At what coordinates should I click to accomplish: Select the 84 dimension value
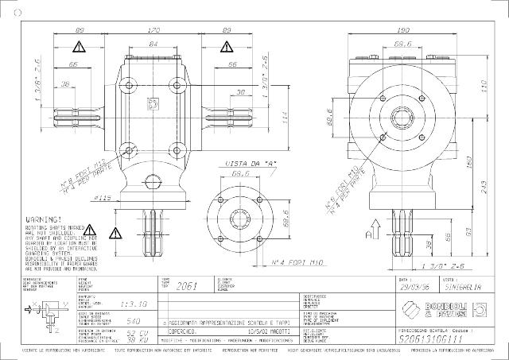(x=153, y=45)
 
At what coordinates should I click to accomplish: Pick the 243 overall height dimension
(x=484, y=186)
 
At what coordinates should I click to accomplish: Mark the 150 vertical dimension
(x=469, y=161)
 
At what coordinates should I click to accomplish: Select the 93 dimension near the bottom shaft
(x=469, y=230)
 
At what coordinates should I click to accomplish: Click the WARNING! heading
(x=44, y=217)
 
